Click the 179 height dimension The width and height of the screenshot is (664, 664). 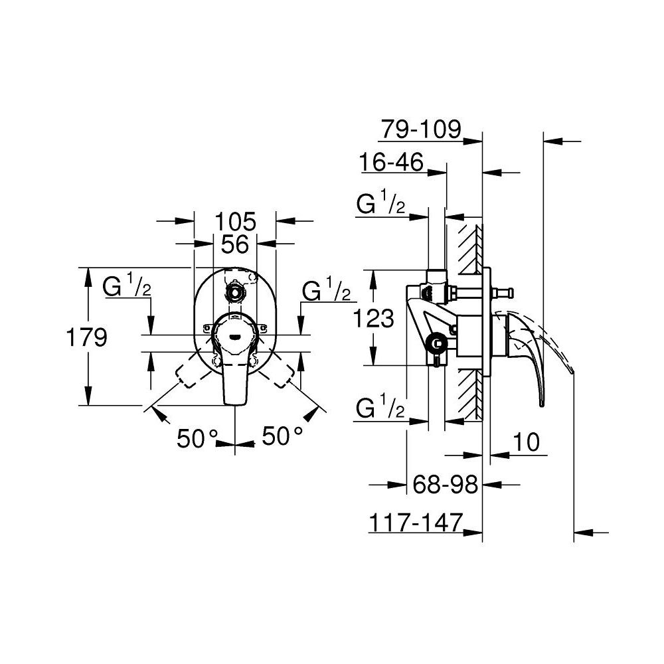pos(87,338)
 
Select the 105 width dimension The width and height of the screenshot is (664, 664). pos(236,220)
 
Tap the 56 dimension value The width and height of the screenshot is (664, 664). pos(235,244)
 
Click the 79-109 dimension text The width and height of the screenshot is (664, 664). pos(420,129)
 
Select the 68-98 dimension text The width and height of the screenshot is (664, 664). pos(446,485)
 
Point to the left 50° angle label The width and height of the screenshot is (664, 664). pos(198,438)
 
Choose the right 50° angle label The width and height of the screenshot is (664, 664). pos(282,437)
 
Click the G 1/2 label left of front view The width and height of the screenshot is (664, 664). pos(127,289)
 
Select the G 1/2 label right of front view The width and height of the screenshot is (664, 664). pos(326,291)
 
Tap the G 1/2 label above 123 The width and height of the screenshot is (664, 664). pos(380,205)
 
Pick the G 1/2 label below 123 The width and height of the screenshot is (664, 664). pos(380,409)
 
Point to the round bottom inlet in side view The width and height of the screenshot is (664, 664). pos(436,343)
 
